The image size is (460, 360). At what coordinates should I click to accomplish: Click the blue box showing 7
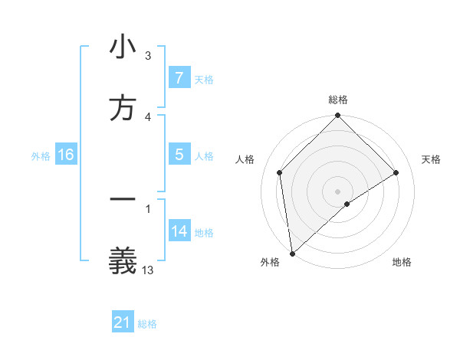(179, 78)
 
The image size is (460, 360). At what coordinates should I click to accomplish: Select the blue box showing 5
(179, 155)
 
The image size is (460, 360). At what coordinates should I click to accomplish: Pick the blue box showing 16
(66, 155)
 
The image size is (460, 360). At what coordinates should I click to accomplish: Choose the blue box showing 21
(123, 322)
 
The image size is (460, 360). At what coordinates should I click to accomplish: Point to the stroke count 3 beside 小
(148, 56)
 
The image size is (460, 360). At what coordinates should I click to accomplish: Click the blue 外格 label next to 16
(41, 155)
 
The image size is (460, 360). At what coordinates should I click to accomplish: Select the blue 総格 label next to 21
(148, 323)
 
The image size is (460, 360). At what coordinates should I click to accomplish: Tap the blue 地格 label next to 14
(204, 232)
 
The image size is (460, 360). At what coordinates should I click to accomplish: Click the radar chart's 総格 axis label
(338, 100)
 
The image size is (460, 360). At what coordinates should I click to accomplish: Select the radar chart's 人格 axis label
(245, 159)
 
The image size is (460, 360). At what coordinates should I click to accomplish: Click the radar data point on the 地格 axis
(347, 204)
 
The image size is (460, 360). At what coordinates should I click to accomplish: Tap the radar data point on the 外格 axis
(291, 254)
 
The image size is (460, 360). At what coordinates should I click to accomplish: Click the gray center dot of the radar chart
(337, 191)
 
